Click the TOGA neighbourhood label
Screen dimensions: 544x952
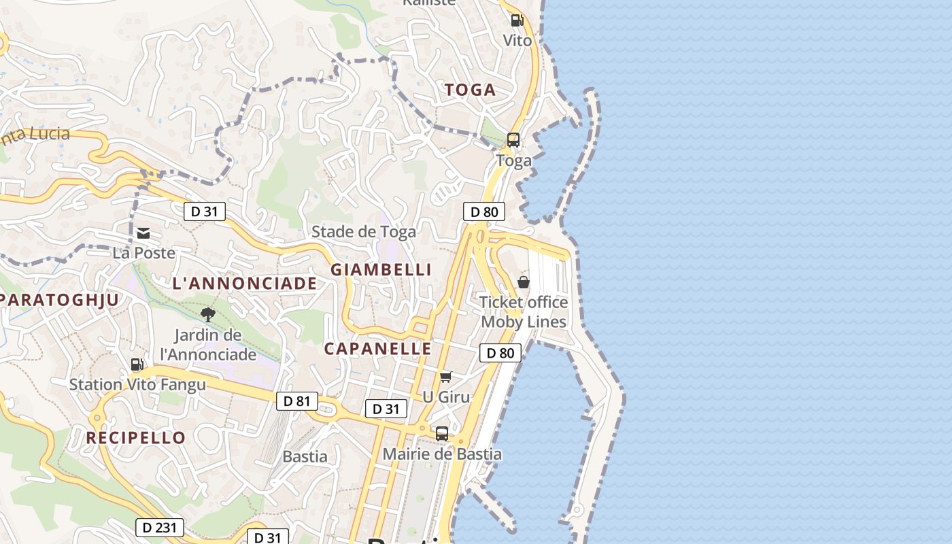click(470, 90)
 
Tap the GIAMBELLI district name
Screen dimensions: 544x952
click(381, 270)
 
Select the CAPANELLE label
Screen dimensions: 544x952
click(377, 349)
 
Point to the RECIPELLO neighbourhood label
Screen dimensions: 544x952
click(136, 438)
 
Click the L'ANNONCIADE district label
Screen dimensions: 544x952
click(245, 284)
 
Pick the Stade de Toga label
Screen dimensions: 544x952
click(363, 232)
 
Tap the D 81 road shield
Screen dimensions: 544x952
click(297, 401)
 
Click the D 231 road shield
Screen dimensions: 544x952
click(160, 527)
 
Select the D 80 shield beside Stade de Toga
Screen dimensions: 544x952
click(484, 211)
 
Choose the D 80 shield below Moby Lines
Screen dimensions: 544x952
click(500, 353)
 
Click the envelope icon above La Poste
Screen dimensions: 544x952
click(143, 233)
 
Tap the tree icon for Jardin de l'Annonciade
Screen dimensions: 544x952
click(208, 314)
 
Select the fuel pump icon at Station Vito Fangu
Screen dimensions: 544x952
click(137, 364)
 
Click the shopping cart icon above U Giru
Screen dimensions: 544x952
click(446, 377)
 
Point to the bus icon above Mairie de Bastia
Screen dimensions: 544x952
click(442, 433)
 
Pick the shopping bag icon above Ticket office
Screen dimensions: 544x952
click(524, 282)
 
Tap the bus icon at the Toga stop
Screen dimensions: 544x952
click(513, 140)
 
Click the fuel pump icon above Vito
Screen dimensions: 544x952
click(517, 20)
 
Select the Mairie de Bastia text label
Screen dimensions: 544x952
click(442, 454)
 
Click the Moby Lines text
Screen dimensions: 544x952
click(524, 322)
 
